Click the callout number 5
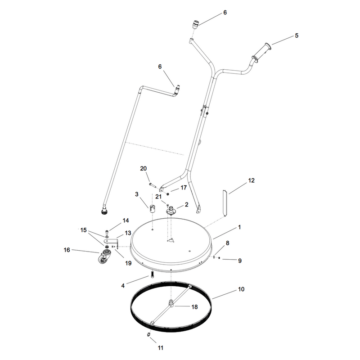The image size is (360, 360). [297, 36]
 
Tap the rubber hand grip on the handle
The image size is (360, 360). [261, 53]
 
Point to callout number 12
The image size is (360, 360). [252, 180]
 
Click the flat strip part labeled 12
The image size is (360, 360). [225, 203]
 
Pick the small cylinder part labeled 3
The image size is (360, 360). [152, 209]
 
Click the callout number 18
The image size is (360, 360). [194, 307]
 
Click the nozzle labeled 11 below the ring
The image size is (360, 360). [148, 334]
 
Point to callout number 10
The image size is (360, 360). [241, 289]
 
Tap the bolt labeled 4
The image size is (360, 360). [152, 274]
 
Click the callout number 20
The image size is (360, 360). [143, 168]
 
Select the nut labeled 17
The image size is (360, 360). [168, 194]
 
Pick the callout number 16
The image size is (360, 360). [67, 250]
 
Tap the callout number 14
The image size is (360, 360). [126, 220]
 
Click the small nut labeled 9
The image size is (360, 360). [219, 258]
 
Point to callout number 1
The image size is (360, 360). [239, 227]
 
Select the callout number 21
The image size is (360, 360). [158, 197]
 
